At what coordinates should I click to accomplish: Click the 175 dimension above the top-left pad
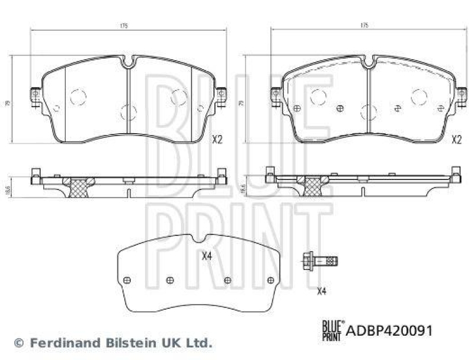click(x=126, y=26)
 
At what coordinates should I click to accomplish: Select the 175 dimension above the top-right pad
click(x=364, y=26)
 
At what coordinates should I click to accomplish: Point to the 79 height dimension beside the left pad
click(x=8, y=102)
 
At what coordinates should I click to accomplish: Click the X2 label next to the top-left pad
click(x=216, y=140)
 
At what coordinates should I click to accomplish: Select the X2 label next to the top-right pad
click(x=456, y=140)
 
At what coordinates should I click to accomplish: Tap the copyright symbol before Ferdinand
click(x=18, y=343)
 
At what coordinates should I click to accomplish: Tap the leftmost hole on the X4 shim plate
click(x=126, y=281)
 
